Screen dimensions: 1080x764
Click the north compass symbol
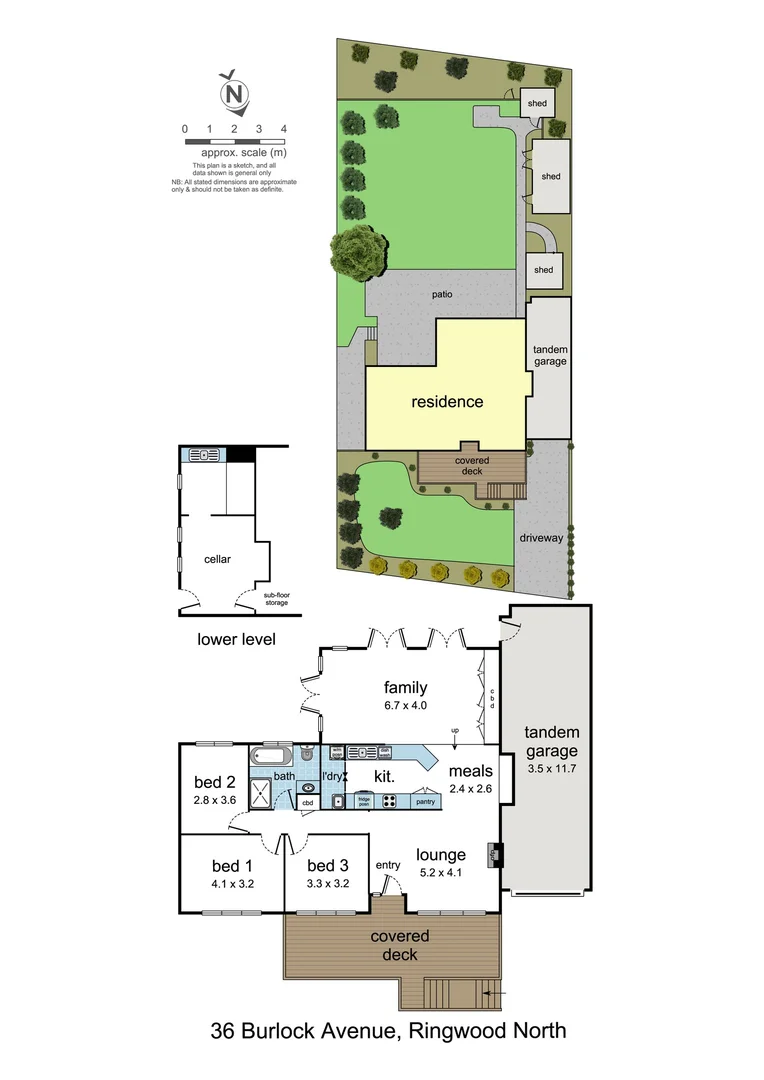click(234, 93)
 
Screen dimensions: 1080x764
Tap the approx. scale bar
click(234, 142)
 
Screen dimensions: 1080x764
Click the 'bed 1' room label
click(232, 866)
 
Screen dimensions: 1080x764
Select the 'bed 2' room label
click(214, 782)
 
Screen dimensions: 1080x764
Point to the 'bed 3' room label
click(327, 866)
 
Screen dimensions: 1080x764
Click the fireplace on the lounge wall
click(494, 855)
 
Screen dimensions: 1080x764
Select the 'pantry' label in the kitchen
click(425, 801)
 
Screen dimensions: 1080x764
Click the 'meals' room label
click(469, 771)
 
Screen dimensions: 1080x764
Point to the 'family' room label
click(405, 687)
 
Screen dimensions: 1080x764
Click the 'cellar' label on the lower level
click(217, 559)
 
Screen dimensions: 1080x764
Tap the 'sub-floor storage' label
click(276, 599)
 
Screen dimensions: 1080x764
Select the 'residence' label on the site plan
click(447, 402)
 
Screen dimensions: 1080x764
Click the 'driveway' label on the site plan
click(542, 538)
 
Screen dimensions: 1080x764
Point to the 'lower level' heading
click(236, 639)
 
